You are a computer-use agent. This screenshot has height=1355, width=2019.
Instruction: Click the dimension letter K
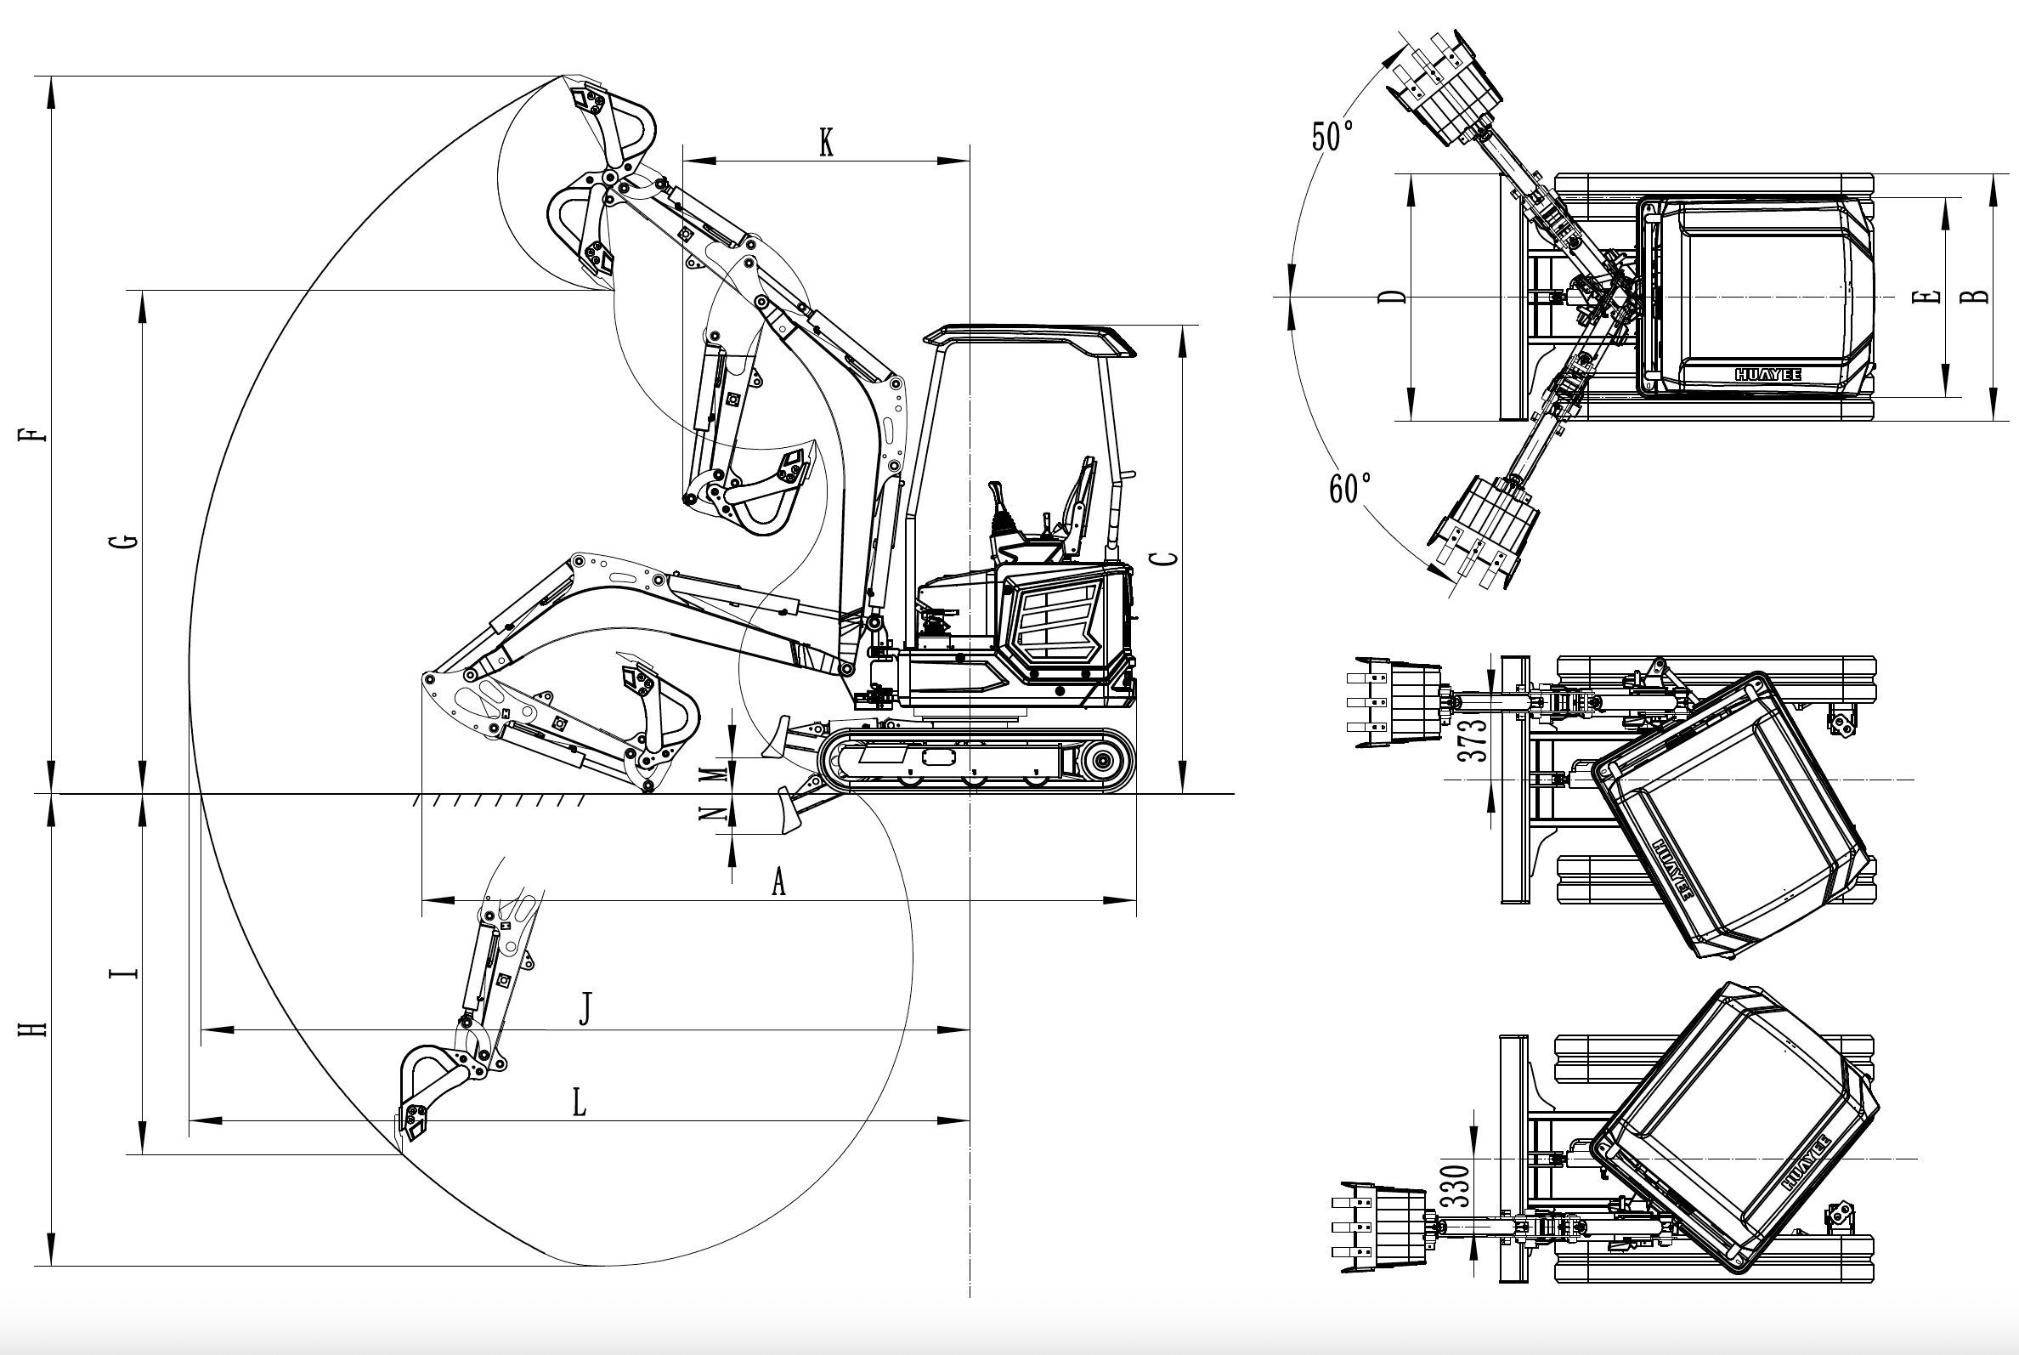point(826,144)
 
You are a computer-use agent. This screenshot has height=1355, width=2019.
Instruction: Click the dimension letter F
point(34,433)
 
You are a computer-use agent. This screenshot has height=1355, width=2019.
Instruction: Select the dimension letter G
point(127,541)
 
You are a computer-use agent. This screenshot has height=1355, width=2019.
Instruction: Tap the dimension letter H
point(34,1029)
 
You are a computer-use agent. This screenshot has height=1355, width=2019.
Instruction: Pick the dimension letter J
point(585,1009)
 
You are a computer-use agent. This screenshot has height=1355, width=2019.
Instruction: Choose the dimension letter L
point(580,1103)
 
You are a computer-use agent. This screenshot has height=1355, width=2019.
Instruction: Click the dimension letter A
point(778,883)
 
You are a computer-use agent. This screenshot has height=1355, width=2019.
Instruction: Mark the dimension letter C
point(1167,558)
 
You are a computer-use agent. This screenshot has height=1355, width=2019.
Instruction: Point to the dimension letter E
point(1926,298)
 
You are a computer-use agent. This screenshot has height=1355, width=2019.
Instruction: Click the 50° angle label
point(1332,137)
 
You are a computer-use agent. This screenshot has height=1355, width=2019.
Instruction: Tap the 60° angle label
point(1349,489)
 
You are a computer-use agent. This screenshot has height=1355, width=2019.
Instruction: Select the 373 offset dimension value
point(1473,740)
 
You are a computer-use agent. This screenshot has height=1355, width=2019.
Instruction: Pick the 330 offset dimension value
point(1455,1186)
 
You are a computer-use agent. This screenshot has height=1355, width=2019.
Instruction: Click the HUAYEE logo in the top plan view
point(1768,375)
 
